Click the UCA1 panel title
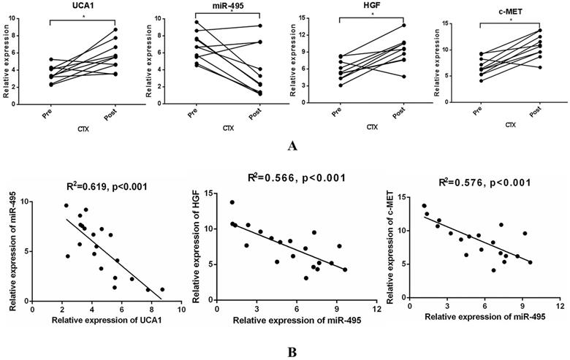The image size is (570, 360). pos(78,6)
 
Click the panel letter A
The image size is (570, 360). pos(292,146)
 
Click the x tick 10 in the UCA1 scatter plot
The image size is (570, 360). pos(180,309)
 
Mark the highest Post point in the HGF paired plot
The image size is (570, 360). pos(403,26)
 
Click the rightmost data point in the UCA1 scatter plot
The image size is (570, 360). pos(162,289)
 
